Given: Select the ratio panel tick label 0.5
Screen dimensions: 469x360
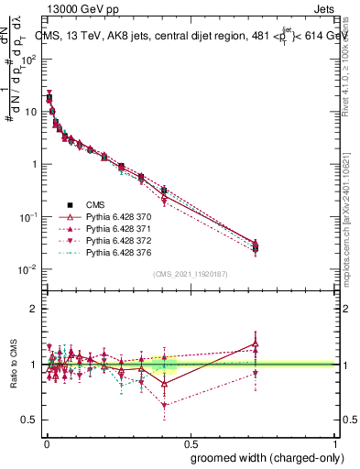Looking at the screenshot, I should coord(30,420).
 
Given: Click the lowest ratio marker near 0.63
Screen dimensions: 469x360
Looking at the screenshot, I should coord(164,405).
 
